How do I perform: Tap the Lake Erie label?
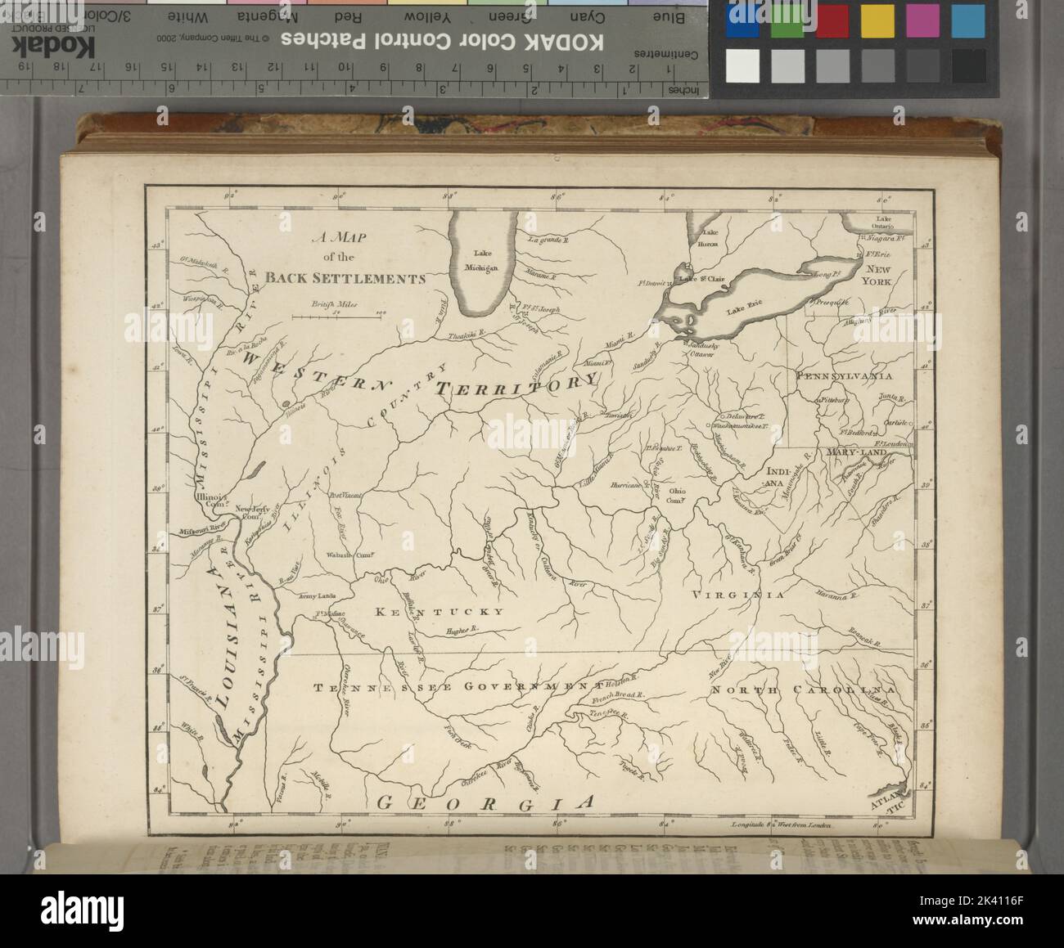tap(743, 304)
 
